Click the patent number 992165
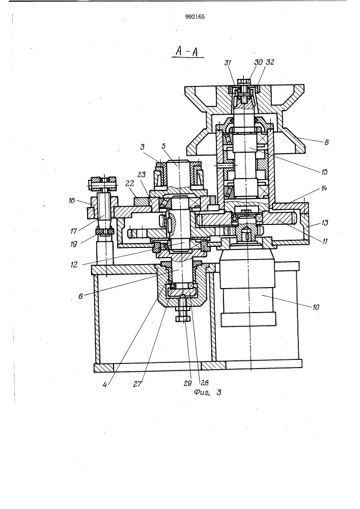(195, 17)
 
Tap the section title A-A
(187, 51)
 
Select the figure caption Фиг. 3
(207, 392)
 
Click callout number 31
(228, 63)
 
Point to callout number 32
(270, 62)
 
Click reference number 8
(326, 142)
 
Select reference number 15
(324, 172)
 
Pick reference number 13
(324, 223)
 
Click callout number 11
(324, 241)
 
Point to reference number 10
(316, 307)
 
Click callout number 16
(72, 201)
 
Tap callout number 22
(130, 183)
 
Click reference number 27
(137, 384)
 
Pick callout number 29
(187, 383)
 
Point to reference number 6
(80, 296)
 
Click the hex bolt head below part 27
(183, 319)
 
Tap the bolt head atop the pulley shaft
(244, 81)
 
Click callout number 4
(105, 385)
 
